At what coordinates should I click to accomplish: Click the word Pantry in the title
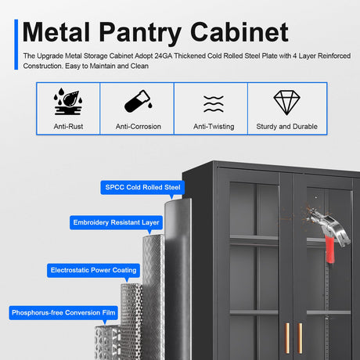(x=140, y=32)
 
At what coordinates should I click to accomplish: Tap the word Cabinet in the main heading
(x=239, y=32)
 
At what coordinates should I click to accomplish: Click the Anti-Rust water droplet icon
(x=68, y=102)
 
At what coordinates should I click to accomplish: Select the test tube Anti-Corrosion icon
(x=139, y=101)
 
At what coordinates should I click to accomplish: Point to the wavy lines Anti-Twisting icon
(x=214, y=104)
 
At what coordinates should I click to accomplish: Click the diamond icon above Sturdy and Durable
(x=287, y=103)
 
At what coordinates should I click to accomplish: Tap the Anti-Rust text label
(x=68, y=127)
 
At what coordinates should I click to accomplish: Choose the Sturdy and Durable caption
(x=287, y=127)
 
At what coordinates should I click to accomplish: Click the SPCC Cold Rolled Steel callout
(x=142, y=187)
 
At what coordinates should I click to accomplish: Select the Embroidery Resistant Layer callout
(x=116, y=222)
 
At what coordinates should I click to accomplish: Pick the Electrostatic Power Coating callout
(x=93, y=270)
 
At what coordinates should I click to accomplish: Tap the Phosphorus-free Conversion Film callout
(x=63, y=312)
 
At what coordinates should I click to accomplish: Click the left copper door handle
(x=287, y=338)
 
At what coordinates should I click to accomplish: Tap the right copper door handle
(x=300, y=338)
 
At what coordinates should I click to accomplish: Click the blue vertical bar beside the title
(x=16, y=45)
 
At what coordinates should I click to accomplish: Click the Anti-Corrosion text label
(x=139, y=127)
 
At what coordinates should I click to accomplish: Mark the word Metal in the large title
(x=56, y=32)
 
